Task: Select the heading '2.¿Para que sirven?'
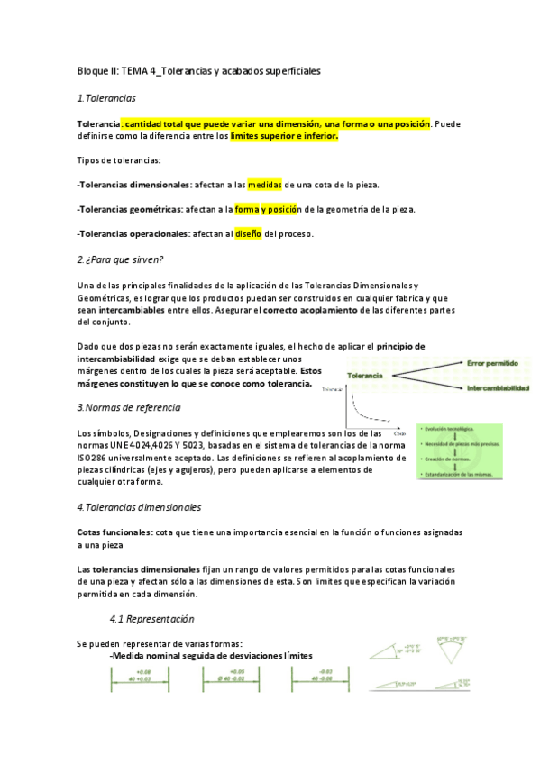point(119,260)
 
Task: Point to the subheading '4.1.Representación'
point(151,619)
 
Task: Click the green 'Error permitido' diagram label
point(492,361)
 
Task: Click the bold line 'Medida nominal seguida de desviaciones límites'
point(211,655)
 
